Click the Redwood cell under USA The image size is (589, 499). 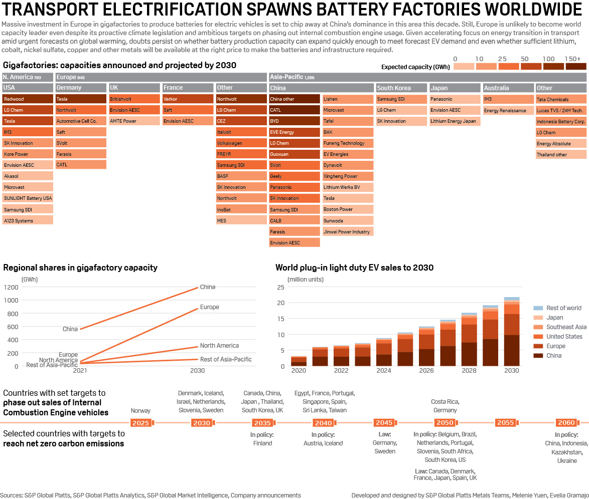[28, 99]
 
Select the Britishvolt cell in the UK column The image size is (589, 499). [134, 99]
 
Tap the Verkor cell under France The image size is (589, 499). [188, 99]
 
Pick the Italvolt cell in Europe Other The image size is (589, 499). [241, 132]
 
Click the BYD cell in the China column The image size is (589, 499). [294, 121]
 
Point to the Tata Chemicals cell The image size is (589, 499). [561, 99]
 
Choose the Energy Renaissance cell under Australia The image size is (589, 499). [508, 110]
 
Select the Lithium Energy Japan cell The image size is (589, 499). [455, 121]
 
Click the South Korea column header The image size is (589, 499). [401, 88]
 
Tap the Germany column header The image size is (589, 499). [81, 88]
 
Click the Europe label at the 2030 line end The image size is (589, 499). [209, 307]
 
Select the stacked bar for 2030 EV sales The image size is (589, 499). [512, 334]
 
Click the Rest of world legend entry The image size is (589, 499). [564, 308]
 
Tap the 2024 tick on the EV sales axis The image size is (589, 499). [383, 371]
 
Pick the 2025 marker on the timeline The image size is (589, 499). [141, 423]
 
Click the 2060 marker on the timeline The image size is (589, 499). [566, 423]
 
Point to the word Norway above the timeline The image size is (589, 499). [140, 411]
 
